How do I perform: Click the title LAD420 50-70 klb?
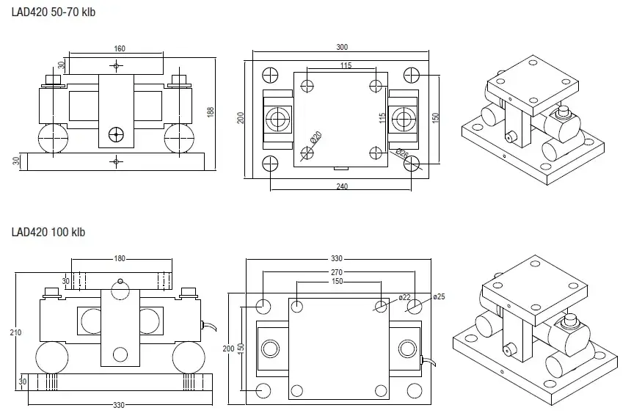coord(54,13)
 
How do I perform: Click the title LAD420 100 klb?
coord(48,233)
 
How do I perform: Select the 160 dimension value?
coord(120,49)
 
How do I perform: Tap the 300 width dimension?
coord(342,47)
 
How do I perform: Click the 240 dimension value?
coord(342,186)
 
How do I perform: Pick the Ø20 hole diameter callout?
coord(313,137)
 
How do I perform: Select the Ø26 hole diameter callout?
coord(401,154)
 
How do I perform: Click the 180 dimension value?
coord(120,258)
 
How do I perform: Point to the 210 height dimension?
coord(17,332)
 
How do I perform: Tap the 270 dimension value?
coord(338,271)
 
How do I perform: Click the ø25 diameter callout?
coord(439,296)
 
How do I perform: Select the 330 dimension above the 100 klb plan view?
coord(338,259)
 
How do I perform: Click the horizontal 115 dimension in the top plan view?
coord(346,65)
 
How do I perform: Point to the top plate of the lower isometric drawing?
coord(532,286)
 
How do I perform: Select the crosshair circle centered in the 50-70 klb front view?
coord(116,134)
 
